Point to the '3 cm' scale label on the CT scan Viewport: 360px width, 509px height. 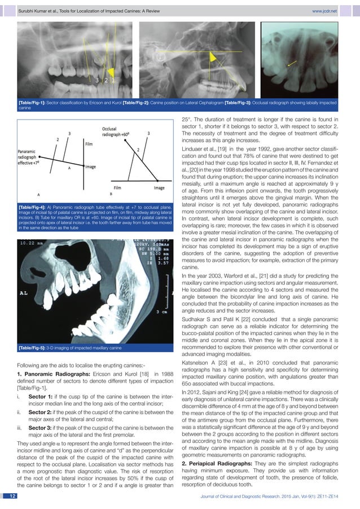[x=161, y=311]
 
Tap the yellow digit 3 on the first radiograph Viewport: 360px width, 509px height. [x=98, y=80]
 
